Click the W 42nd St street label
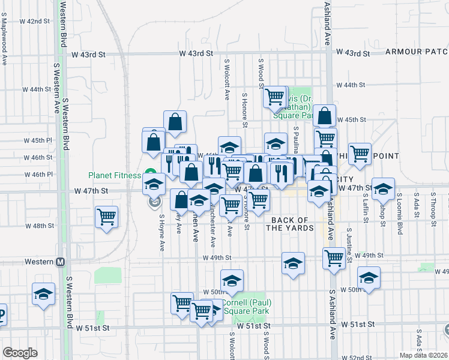pyautogui.click(x=34, y=21)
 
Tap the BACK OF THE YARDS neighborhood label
pyautogui.click(x=290, y=224)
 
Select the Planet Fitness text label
pyautogui.click(x=114, y=175)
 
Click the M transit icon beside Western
pyautogui.click(x=60, y=262)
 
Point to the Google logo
pyautogui.click(x=20, y=353)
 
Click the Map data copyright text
pyautogui.click(x=424, y=355)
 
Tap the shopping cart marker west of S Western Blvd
pyautogui.click(x=107, y=216)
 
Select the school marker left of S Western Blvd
pyautogui.click(x=44, y=295)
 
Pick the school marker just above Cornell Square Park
pyautogui.click(x=232, y=280)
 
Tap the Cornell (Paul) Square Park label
pyautogui.click(x=244, y=307)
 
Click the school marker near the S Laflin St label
pyautogui.click(x=382, y=188)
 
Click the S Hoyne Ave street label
pyautogui.click(x=162, y=233)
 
